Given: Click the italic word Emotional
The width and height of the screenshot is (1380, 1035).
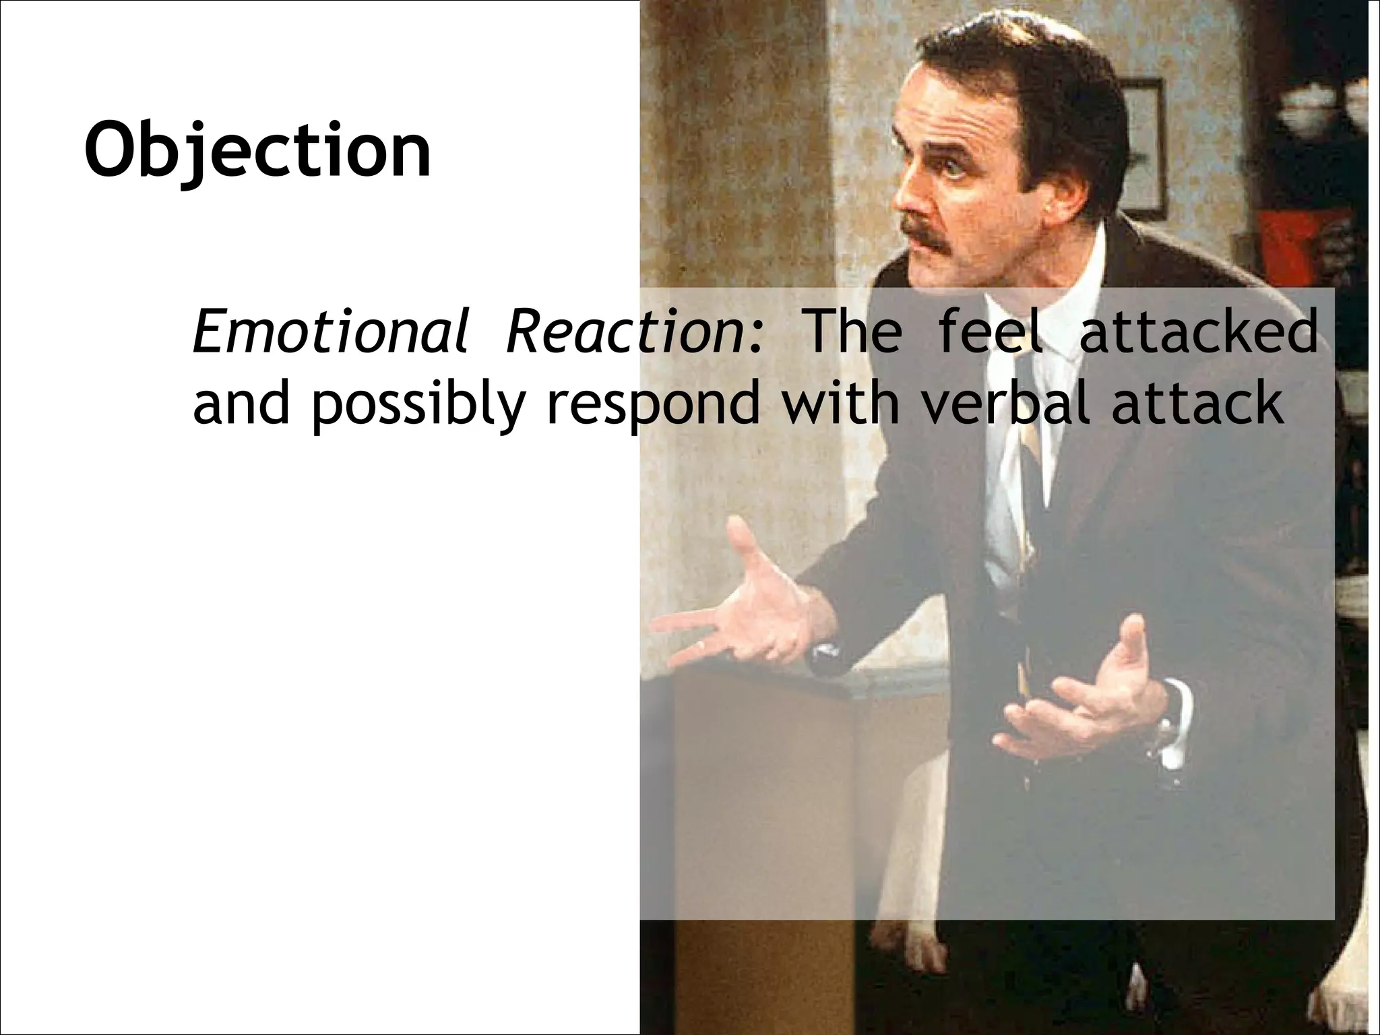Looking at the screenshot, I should click(330, 332).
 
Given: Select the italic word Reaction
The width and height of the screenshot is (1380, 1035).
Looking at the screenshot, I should click(633, 332).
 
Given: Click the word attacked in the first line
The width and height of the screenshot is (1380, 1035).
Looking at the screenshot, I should click(1198, 332).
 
